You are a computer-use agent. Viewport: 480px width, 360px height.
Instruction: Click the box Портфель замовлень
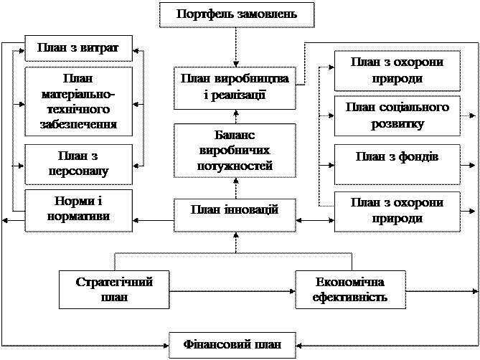click(237, 15)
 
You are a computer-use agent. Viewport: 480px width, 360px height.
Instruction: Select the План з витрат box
click(78, 48)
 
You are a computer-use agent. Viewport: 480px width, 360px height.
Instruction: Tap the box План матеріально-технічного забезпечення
click(78, 102)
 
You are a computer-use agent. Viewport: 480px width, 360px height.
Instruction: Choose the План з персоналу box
click(78, 164)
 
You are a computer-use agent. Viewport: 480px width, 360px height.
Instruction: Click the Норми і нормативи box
click(78, 210)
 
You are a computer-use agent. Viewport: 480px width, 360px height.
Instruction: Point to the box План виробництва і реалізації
click(235, 88)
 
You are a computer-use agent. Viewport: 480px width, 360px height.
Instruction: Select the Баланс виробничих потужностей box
click(235, 151)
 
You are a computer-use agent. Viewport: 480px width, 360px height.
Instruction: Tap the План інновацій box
click(235, 215)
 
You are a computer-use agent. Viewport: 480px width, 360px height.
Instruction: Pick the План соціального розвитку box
click(397, 116)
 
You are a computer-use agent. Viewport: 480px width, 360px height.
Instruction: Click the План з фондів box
click(397, 164)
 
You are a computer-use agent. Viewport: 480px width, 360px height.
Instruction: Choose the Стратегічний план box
click(114, 289)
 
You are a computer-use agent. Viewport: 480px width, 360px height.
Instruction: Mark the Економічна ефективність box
click(350, 289)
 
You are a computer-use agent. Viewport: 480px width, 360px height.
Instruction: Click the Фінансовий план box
click(232, 346)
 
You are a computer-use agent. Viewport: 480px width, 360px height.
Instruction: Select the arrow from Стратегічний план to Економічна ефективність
click(232, 291)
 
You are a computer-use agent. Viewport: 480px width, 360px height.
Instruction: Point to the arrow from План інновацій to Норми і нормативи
click(153, 220)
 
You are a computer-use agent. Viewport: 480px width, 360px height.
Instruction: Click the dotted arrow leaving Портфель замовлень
click(236, 47)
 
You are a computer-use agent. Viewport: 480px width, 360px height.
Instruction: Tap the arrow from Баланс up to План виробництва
click(236, 116)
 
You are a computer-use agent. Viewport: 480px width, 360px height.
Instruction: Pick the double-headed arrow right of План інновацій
click(315, 220)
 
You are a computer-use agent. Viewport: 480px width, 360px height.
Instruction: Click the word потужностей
click(235, 166)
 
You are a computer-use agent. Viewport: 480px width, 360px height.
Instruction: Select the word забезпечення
click(78, 125)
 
